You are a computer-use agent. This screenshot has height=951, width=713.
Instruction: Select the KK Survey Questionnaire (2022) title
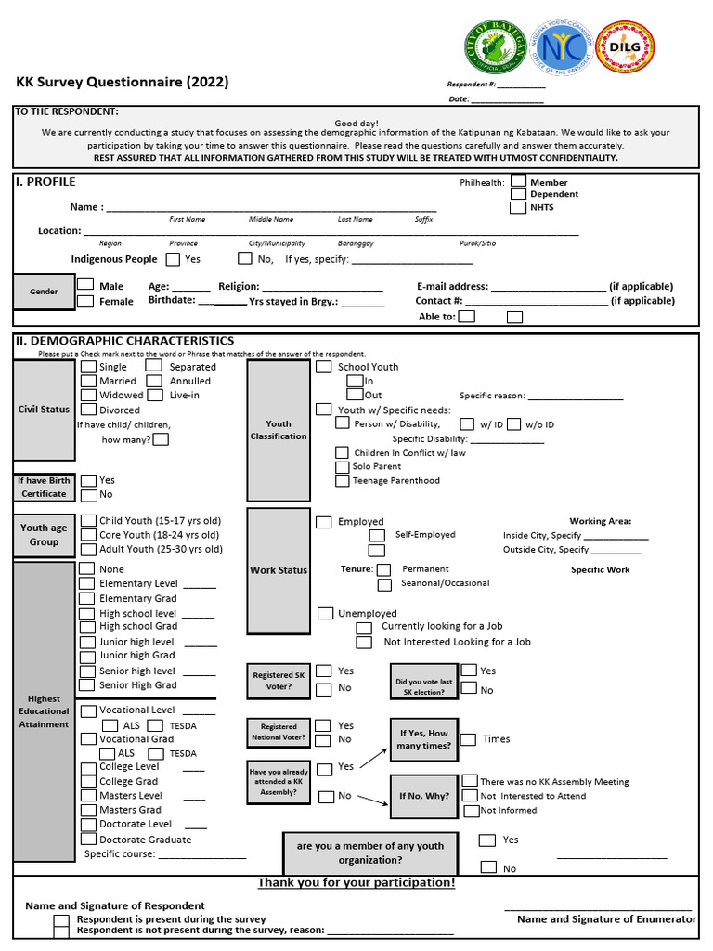click(123, 82)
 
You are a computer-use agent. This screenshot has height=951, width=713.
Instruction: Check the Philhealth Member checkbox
click(519, 181)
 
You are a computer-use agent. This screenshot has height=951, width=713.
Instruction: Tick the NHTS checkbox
click(519, 207)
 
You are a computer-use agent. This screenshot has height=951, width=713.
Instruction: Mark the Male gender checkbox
click(85, 285)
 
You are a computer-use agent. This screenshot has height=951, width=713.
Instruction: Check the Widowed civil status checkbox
click(88, 395)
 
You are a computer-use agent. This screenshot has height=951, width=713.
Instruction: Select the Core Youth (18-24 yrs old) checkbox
click(88, 535)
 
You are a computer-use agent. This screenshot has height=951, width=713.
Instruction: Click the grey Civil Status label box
click(44, 410)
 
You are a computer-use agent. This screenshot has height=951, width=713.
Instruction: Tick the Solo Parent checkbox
click(342, 466)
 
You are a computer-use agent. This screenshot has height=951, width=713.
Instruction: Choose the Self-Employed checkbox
click(377, 536)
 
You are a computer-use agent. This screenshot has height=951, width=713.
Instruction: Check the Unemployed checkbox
click(325, 613)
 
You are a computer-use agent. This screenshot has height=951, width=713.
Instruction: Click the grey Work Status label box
click(279, 570)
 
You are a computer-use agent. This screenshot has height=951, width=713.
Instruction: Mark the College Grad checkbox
click(88, 781)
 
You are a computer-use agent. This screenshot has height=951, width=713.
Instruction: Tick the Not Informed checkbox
click(472, 810)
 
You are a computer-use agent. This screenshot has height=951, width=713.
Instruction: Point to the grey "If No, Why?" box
click(423, 796)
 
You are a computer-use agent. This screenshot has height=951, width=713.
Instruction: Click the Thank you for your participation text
click(356, 882)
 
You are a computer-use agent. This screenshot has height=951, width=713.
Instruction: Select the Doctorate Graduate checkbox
click(88, 839)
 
